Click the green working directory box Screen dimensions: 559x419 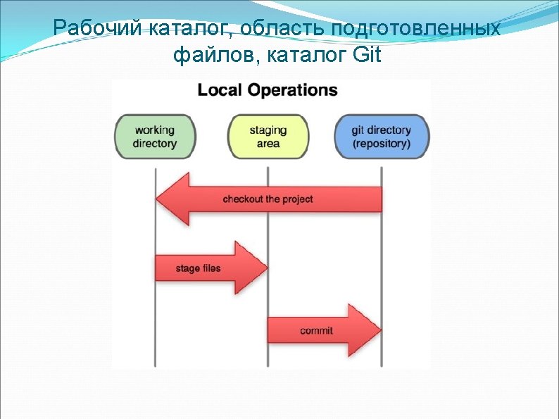tap(155, 137)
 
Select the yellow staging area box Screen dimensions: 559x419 tap(268, 137)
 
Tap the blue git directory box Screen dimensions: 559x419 tap(382, 137)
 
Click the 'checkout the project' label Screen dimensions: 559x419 tap(268, 199)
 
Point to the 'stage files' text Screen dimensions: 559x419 tap(198, 268)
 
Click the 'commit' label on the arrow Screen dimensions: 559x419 tap(316, 330)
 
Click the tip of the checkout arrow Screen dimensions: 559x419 tap(156, 199)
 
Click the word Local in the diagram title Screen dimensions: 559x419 tap(219, 90)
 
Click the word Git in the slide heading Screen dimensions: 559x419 tap(368, 54)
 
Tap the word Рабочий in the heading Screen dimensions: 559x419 tap(97, 27)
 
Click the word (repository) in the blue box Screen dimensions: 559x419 tap(382, 144)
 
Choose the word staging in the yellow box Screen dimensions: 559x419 tap(268, 130)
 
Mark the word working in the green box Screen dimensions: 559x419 tap(155, 130)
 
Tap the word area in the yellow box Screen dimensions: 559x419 tap(268, 144)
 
